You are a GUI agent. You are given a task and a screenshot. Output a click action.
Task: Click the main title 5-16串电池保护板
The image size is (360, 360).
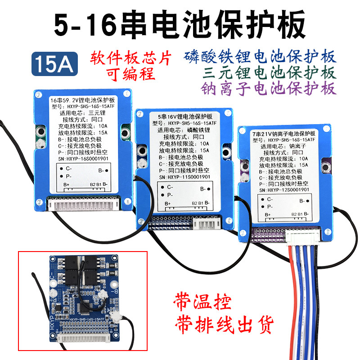pyautogui.click(x=180, y=25)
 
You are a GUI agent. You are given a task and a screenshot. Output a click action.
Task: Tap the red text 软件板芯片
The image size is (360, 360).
pyautogui.click(x=131, y=59)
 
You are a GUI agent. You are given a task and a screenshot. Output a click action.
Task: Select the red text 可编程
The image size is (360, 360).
pyautogui.click(x=130, y=74)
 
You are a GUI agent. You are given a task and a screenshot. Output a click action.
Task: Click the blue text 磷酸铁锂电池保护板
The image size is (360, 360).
pyautogui.click(x=261, y=57)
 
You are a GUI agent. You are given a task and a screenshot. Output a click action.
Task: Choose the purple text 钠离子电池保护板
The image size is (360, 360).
pyautogui.click(x=276, y=88)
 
